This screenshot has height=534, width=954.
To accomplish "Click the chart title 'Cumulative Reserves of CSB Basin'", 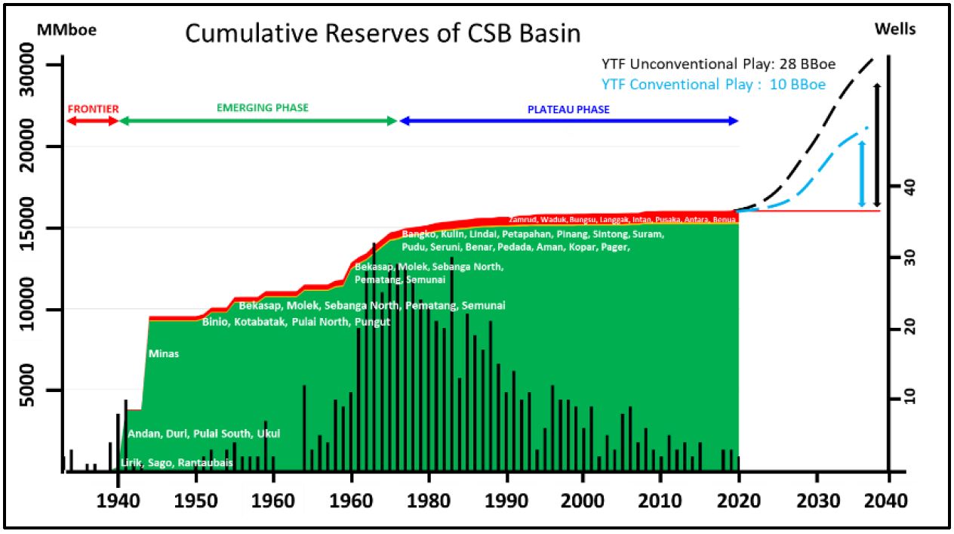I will (383, 33).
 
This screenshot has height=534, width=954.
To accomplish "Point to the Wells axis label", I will (895, 29).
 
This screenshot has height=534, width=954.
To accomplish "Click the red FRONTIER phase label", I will (93, 109).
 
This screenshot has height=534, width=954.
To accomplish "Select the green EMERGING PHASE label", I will (263, 108).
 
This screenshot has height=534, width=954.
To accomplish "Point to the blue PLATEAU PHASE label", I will (568, 110).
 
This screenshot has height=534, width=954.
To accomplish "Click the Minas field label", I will (164, 353).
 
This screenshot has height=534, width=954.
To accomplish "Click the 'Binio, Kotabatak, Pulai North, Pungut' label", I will (296, 322).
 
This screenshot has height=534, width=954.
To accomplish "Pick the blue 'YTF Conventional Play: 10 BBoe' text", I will (713, 84).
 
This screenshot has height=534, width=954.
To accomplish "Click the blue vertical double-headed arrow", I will (862, 174).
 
